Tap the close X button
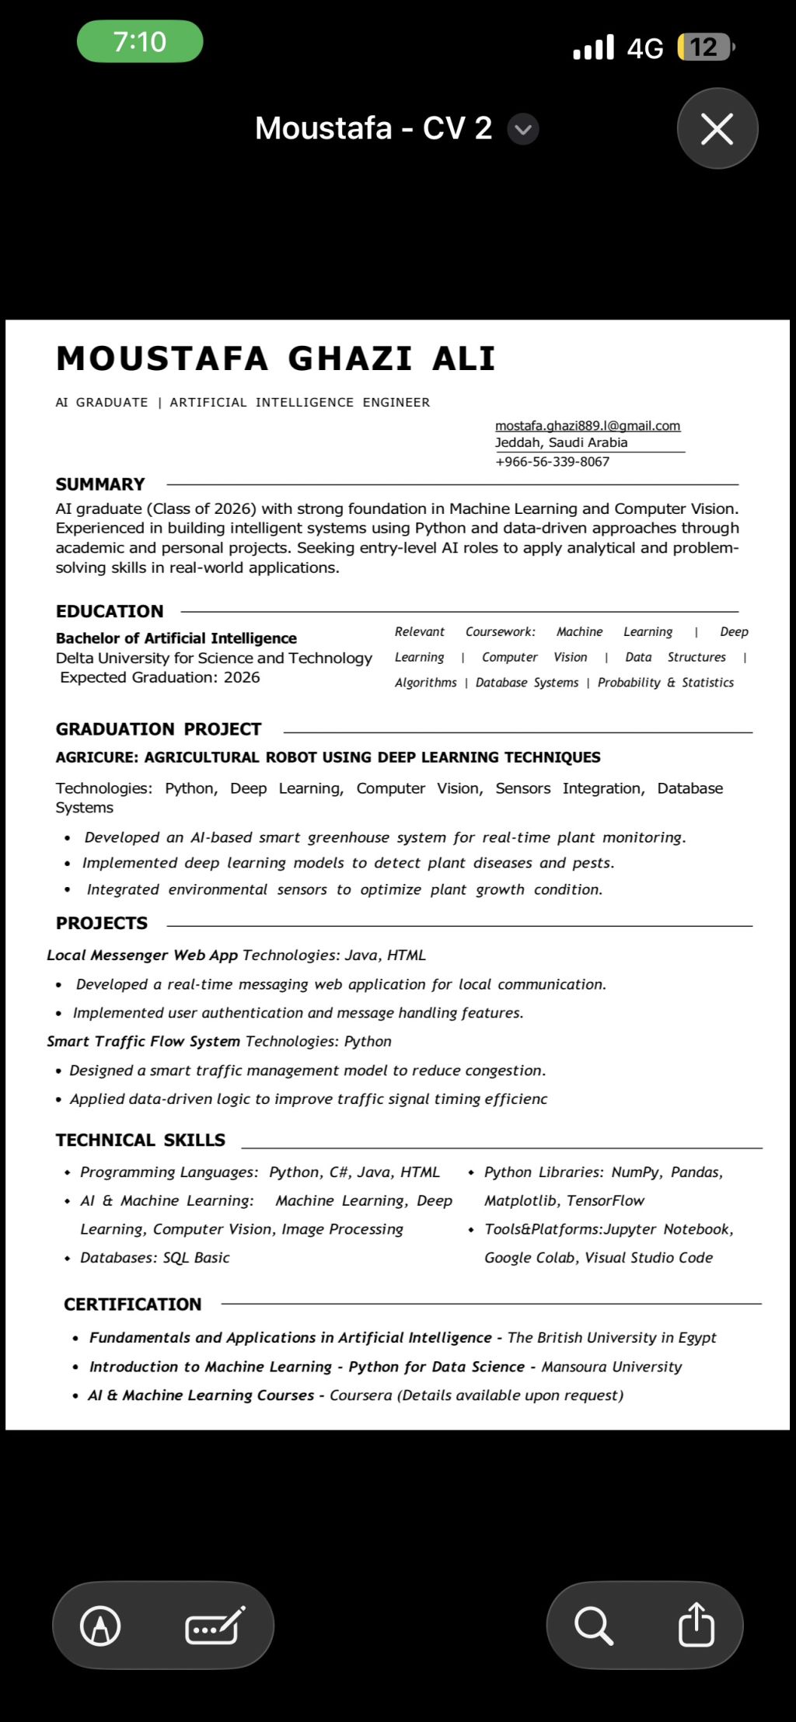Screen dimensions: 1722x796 717,128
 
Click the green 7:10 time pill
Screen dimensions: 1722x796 140,42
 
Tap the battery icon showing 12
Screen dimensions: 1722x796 704,47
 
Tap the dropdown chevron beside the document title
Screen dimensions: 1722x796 523,129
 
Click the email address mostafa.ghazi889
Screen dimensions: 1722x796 587,425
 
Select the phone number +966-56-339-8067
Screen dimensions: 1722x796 552,461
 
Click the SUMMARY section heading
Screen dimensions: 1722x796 100,484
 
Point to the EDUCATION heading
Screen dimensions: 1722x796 110,611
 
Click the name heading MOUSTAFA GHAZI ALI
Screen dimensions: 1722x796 275,358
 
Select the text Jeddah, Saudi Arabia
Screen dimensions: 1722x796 560,442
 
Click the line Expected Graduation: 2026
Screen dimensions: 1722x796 160,677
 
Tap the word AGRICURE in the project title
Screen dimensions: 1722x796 96,757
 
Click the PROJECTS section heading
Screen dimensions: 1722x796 102,923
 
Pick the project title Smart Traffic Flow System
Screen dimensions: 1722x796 143,1041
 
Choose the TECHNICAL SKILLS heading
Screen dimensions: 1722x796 141,1140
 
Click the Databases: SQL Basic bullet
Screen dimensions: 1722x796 155,1257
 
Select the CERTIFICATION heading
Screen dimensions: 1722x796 133,1304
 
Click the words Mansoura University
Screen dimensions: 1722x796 611,1367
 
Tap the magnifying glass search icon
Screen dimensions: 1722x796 593,1625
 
